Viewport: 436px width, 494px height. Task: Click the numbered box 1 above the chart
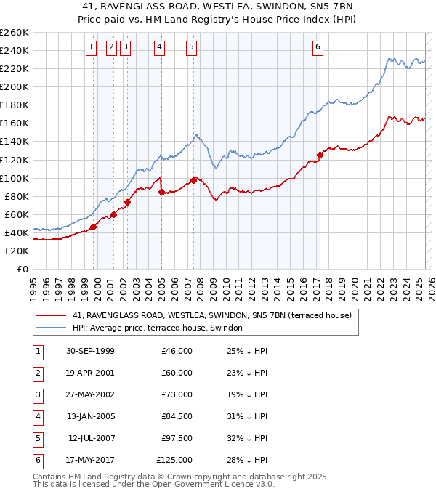[91, 48]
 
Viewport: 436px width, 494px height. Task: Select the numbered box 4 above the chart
[159, 48]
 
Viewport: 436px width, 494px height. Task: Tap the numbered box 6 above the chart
[318, 48]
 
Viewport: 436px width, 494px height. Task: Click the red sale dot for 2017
[320, 155]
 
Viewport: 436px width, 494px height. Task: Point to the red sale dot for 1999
[94, 227]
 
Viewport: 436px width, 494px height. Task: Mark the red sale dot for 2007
[193, 179]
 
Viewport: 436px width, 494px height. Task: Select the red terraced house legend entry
[211, 315]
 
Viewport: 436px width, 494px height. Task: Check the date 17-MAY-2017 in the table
[89, 460]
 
